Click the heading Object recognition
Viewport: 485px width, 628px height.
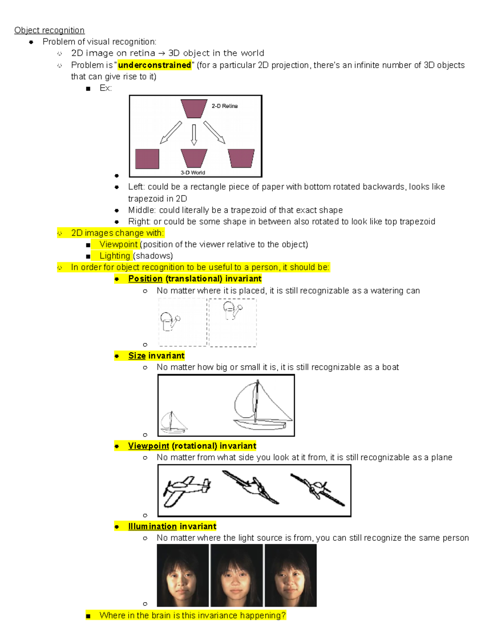[49, 30]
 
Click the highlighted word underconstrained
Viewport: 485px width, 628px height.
[154, 65]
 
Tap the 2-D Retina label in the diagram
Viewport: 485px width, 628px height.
[225, 106]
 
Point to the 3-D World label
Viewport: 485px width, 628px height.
[193, 173]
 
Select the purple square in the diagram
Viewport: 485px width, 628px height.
[147, 159]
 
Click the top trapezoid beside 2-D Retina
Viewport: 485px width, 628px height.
[194, 108]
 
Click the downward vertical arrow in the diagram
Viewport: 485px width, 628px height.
[194, 134]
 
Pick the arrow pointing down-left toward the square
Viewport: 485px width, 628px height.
[171, 133]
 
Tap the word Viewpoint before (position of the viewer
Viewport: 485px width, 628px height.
[118, 244]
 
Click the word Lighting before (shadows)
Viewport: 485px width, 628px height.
[115, 256]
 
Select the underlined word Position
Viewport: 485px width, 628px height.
[145, 279]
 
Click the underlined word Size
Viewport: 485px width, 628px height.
[137, 356]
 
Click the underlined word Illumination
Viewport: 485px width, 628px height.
[152, 527]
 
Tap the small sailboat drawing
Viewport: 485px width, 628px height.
[173, 423]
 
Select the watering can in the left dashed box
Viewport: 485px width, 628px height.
[169, 322]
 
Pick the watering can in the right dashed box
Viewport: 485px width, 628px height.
[232, 311]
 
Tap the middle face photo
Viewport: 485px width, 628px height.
[236, 575]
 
